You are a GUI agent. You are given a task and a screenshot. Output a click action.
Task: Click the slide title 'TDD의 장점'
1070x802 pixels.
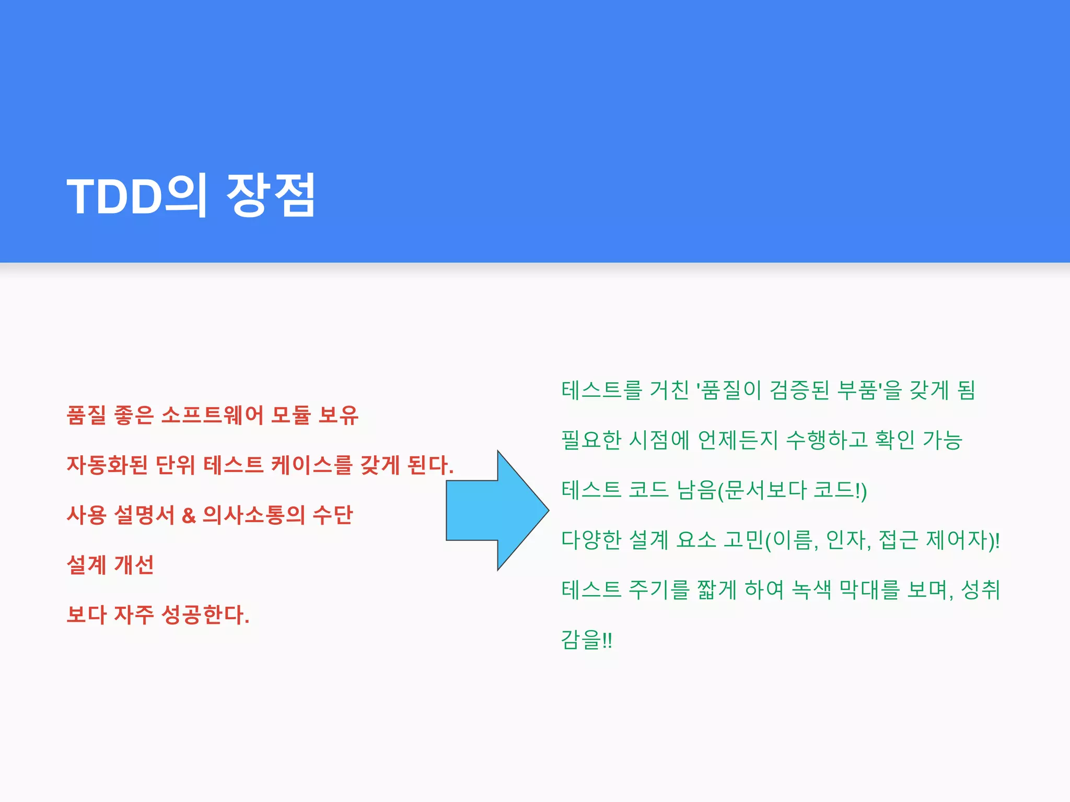[191, 195]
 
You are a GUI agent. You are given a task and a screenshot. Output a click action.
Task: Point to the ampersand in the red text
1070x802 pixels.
[189, 515]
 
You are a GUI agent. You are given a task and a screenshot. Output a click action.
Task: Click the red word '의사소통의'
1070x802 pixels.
[253, 515]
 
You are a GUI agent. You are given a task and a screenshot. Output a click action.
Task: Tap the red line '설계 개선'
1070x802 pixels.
[110, 564]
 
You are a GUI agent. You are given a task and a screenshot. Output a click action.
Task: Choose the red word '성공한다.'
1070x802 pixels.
[205, 615]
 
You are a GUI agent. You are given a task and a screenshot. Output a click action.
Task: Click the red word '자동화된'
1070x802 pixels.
[107, 465]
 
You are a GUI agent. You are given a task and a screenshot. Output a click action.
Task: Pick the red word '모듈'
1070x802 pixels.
[290, 415]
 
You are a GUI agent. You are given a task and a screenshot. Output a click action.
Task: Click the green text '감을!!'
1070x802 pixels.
[586, 640]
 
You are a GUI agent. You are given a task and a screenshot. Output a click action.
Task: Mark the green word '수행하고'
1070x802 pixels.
[827, 440]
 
